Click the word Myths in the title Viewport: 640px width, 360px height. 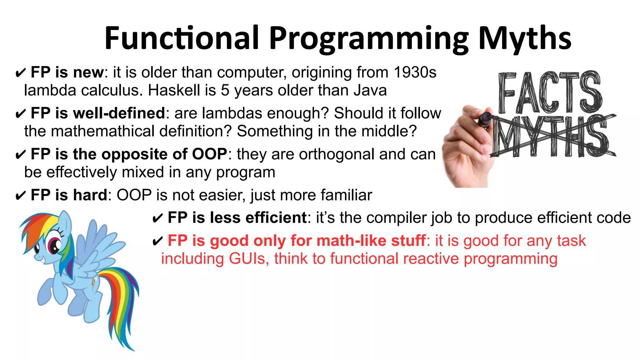525,38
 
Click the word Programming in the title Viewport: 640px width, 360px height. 369,38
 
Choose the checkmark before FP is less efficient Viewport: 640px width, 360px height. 157,218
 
